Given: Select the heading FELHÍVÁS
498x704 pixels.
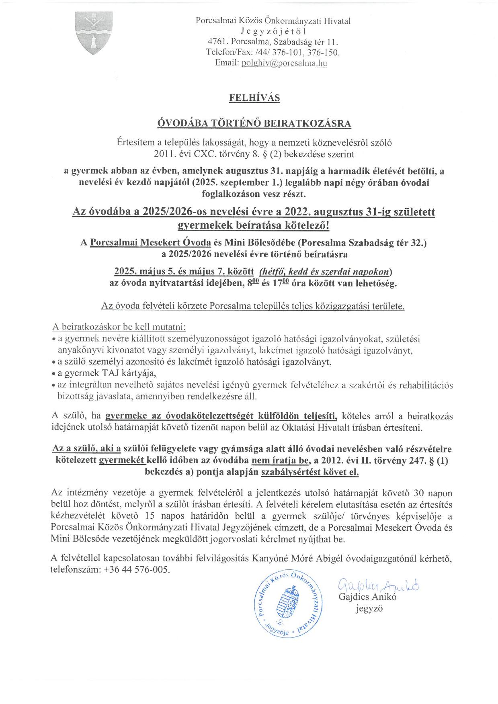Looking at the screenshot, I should (x=254, y=98).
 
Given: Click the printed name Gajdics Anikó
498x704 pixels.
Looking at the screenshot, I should (x=368, y=597).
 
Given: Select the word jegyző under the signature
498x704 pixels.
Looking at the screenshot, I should (x=369, y=609).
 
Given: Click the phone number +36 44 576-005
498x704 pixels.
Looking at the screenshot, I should (x=136, y=570).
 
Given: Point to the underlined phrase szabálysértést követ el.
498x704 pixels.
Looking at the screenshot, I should (x=310, y=472).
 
